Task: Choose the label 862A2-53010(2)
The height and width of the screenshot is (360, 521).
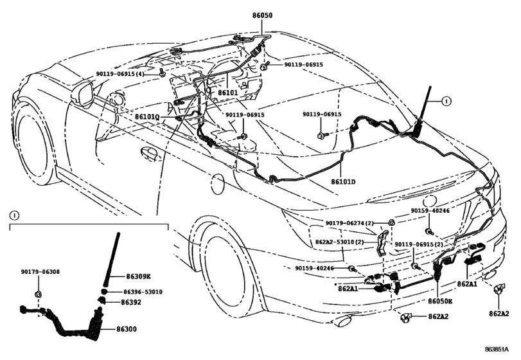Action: pyautogui.click(x=343, y=242)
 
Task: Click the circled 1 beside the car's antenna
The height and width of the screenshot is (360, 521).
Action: pyautogui.click(x=447, y=101)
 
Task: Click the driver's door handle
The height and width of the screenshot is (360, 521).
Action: pyautogui.click(x=149, y=152)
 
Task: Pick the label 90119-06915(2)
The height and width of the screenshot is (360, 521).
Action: pyautogui.click(x=418, y=245)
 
